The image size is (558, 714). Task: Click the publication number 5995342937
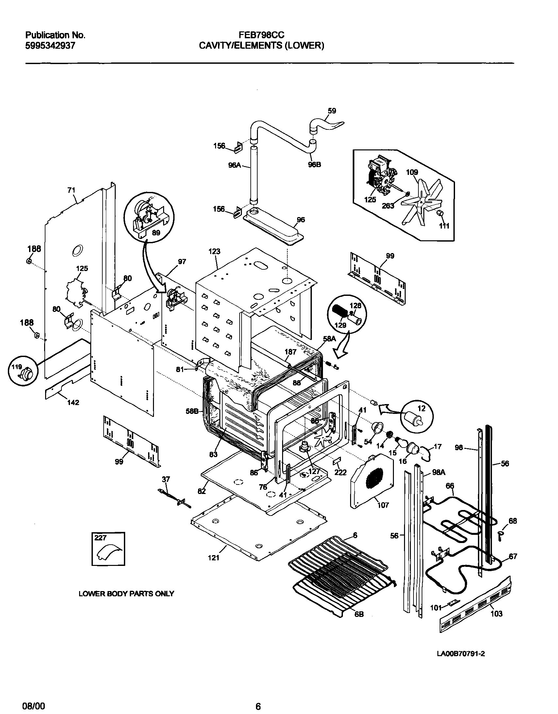(x=50, y=45)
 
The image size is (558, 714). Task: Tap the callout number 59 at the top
(x=331, y=111)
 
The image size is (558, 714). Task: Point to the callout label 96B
(x=314, y=164)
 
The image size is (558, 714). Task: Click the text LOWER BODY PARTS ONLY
(x=126, y=594)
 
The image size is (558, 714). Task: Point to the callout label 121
(x=213, y=558)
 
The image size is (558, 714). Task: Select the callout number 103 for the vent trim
(x=496, y=614)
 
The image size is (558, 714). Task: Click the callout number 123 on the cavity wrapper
(x=214, y=251)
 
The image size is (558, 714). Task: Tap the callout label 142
(x=73, y=402)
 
